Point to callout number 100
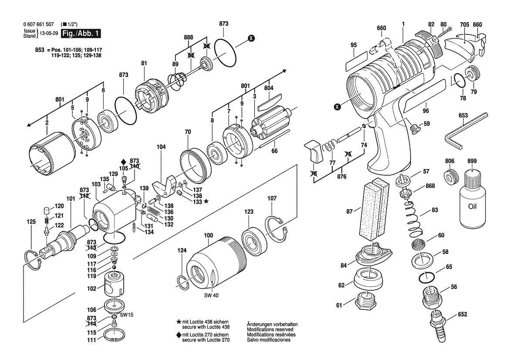click(x=209, y=236)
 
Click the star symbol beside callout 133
click(x=206, y=201)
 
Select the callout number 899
click(x=472, y=161)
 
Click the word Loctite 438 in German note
click(x=202, y=322)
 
